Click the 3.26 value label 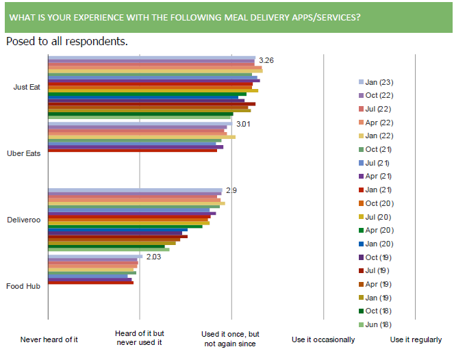[267, 61]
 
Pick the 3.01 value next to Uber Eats [243, 125]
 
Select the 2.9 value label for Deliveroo [231, 190]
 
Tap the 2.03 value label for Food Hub [153, 257]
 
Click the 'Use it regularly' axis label [416, 339]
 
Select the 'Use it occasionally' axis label [323, 339]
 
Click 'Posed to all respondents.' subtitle [66, 41]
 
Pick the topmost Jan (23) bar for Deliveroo [135, 190]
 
